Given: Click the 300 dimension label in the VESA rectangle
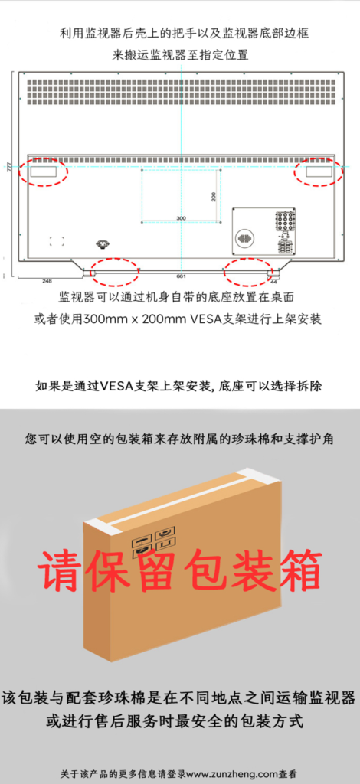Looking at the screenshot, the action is tap(181, 218).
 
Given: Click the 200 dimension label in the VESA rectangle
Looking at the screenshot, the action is tap(214, 197).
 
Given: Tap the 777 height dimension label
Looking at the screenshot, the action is tap(8, 166).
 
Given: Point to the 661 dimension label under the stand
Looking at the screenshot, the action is tap(181, 276).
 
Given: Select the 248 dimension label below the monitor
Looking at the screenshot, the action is tap(47, 281).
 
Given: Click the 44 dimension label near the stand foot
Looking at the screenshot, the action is tap(273, 281).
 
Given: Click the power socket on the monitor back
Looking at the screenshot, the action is tap(102, 244).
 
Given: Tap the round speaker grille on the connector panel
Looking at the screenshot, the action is tap(244, 238).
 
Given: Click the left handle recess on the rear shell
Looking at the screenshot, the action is tap(43, 171).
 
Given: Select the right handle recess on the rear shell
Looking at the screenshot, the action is tap(319, 171).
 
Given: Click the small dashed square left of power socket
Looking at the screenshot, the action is tap(57, 240).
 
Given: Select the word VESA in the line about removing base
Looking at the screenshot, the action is tap(116, 386).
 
